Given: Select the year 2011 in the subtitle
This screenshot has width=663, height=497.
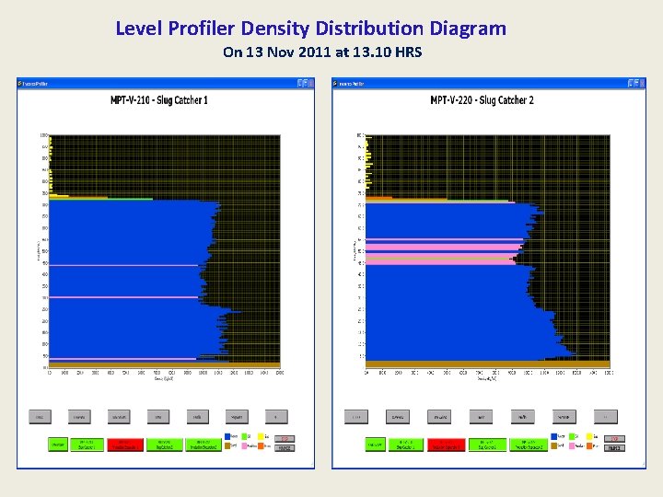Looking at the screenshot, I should point(303,52).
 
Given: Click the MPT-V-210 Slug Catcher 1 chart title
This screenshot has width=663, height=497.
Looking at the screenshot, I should point(159,99).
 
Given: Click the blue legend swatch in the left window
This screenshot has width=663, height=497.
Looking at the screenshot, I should point(227,437).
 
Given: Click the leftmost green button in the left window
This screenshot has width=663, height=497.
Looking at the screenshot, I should point(58,444).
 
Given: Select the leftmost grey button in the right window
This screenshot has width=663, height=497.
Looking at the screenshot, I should point(355,417).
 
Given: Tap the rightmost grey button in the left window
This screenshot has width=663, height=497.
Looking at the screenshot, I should point(276,417).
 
